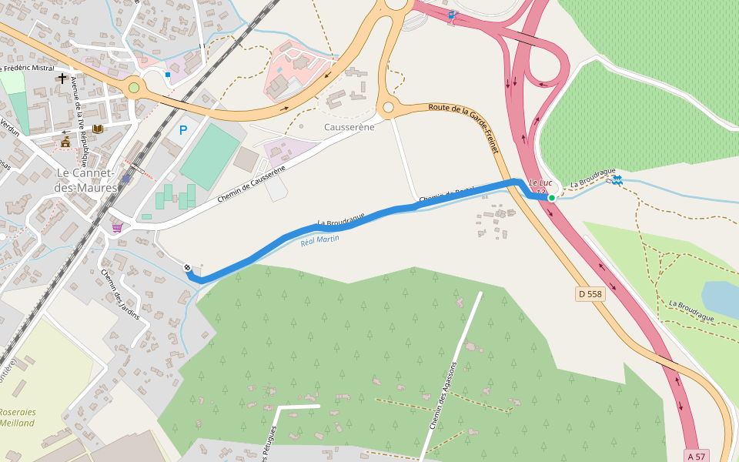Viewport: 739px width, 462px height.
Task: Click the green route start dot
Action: coord(552,198)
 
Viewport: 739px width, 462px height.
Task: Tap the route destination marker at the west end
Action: coord(188,267)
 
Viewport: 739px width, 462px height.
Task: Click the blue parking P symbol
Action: coord(183,130)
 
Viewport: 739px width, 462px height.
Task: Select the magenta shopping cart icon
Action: coord(117,227)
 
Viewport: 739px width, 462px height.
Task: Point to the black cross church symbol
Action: coord(62,79)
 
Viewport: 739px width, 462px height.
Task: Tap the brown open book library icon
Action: coord(97,129)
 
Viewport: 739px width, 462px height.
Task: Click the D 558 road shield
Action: coord(590,294)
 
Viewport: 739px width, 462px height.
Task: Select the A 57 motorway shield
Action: coord(696,457)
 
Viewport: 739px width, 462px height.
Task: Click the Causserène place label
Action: coord(349,127)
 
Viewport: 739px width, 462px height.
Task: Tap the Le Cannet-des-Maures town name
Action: coord(86,181)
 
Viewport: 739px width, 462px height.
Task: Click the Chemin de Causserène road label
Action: coord(251,184)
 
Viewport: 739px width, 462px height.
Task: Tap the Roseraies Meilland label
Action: coord(17,417)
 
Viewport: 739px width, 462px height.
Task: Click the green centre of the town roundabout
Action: coord(134,88)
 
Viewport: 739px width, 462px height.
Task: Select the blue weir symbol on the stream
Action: coord(617,180)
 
